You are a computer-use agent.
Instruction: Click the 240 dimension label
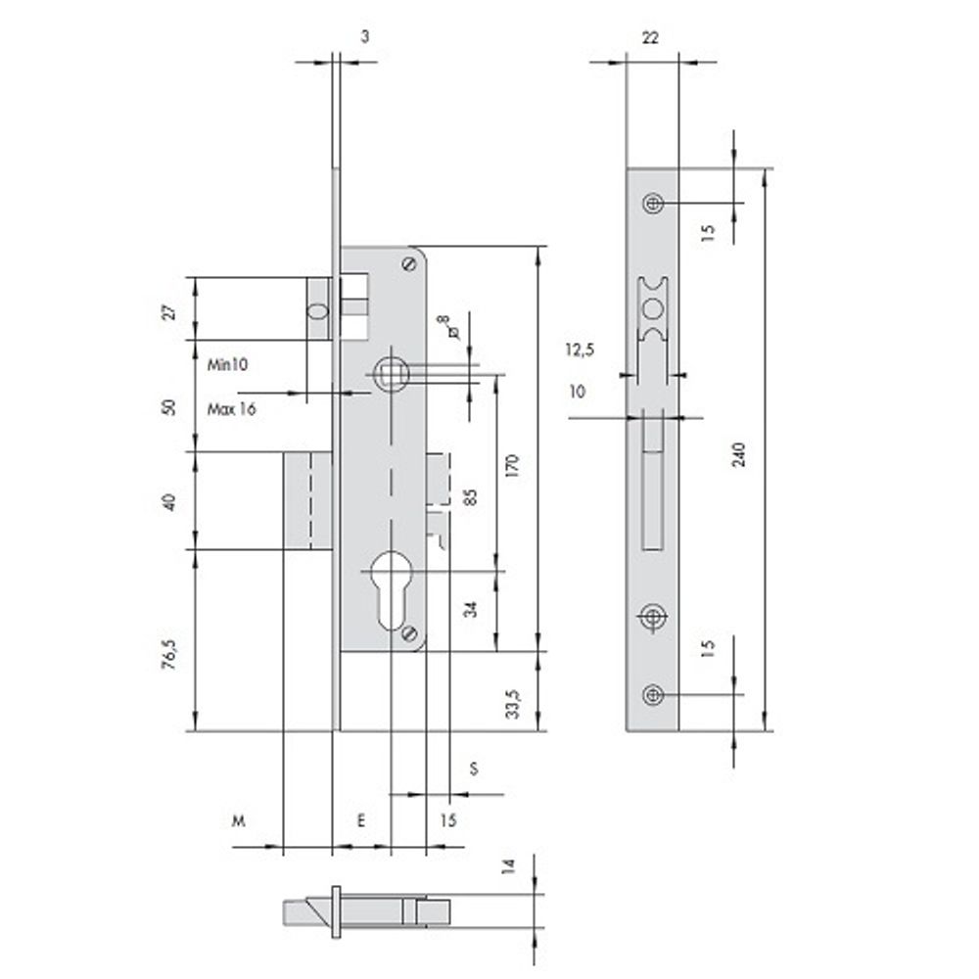click(738, 454)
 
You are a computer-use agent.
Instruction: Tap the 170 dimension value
click(512, 466)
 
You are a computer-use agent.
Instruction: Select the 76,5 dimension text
click(169, 654)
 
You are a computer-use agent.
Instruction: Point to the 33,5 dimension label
click(512, 704)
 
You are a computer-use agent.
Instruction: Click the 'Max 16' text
click(232, 409)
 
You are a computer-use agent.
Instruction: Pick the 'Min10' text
click(227, 364)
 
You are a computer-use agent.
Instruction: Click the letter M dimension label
click(239, 820)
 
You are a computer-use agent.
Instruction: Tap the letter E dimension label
click(361, 820)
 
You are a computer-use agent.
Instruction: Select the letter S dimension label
click(474, 769)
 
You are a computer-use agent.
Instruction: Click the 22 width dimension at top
click(650, 37)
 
